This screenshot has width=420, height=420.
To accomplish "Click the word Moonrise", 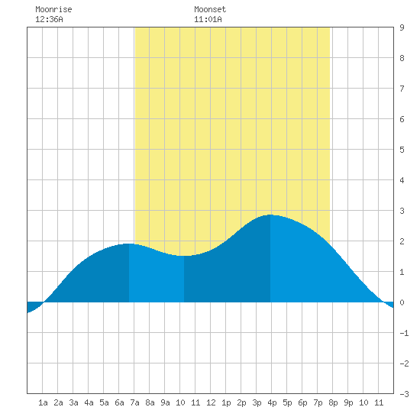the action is point(53,9).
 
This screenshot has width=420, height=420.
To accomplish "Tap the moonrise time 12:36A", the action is point(49,19).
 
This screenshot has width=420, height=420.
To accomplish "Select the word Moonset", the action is point(210,9).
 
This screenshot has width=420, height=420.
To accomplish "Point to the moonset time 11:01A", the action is point(208,19).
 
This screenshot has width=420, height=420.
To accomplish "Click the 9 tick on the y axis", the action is point(402,27).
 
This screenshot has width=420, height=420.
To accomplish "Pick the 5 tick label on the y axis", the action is point(402,150).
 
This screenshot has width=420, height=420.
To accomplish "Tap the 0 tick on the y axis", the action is point(402,302).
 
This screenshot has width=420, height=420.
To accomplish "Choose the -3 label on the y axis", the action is point(404,394).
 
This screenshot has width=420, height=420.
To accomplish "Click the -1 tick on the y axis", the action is point(404,333).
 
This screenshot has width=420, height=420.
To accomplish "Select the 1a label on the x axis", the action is point(43,402).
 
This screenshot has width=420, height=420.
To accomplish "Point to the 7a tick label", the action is point(134,402).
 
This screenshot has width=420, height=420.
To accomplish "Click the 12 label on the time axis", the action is point(211,402).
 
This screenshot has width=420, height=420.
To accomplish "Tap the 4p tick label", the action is point(272,402).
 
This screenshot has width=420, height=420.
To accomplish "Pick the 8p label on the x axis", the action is point(333,402).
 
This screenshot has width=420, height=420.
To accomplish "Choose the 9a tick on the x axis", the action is point(165,402).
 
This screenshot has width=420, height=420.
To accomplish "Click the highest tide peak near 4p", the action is point(270,215).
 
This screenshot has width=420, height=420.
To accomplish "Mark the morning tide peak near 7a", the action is point(129,244).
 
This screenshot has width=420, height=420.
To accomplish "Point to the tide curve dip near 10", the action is point(184,256).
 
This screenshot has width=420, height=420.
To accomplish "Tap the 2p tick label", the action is point(241,402).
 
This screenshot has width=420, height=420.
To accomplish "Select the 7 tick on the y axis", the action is point(402,89).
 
